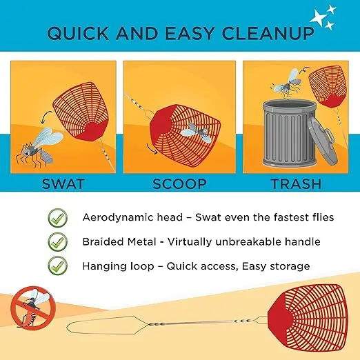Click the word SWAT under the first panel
click(x=63, y=183)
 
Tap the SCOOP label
click(x=179, y=183)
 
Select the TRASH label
click(x=296, y=183)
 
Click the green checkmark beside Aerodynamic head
click(x=57, y=218)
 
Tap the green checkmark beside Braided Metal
click(x=57, y=241)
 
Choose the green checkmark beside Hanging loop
click(x=57, y=266)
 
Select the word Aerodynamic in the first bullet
click(x=115, y=217)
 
